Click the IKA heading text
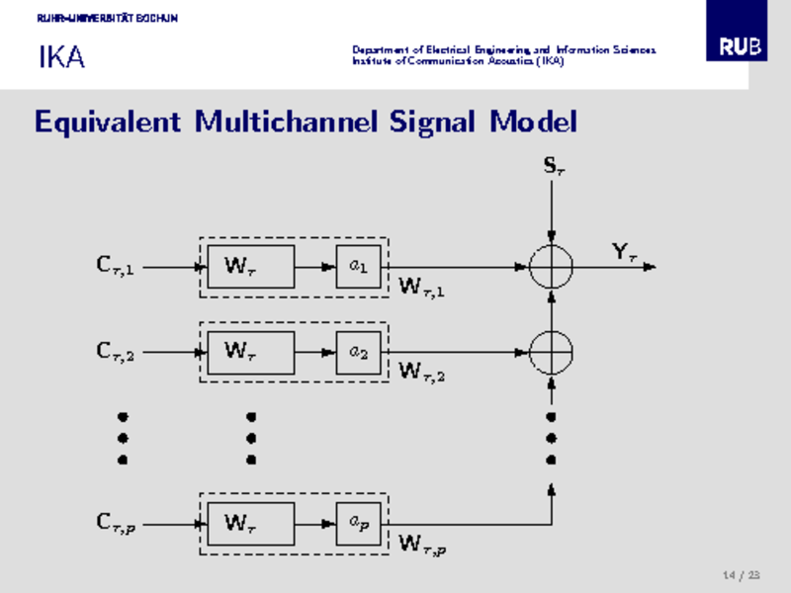pyautogui.click(x=61, y=58)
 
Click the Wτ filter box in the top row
pyautogui.click(x=250, y=267)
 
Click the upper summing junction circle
pyautogui.click(x=551, y=266)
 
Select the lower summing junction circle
pyautogui.click(x=551, y=351)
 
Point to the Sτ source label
pyautogui.click(x=554, y=166)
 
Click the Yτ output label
pyautogui.click(x=623, y=253)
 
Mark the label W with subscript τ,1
pyautogui.click(x=421, y=289)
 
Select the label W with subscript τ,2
pyautogui.click(x=421, y=373)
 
